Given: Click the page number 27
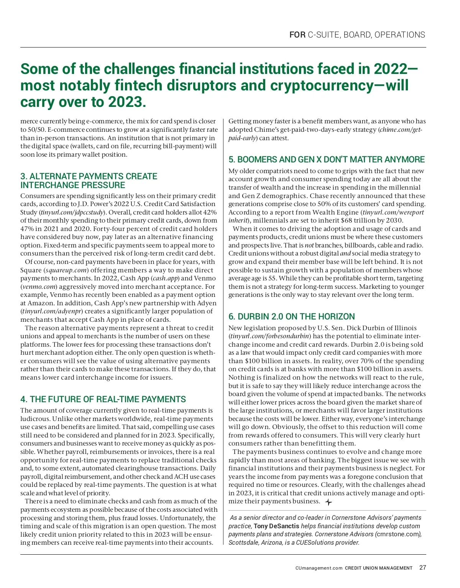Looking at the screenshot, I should tap(422, 568).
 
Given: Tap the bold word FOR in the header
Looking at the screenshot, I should tap(297, 35).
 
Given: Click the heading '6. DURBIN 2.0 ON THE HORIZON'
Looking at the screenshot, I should tap(292, 316).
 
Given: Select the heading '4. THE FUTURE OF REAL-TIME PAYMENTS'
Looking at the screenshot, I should tap(103, 399).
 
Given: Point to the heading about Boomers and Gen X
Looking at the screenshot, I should tap(327, 159).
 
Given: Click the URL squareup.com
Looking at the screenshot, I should tap(66, 270).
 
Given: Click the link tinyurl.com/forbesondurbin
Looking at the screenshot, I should tap(270, 336).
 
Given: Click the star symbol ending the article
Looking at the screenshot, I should tap(329, 502).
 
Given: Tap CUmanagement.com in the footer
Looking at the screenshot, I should tap(319, 568).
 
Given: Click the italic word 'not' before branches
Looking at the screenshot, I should tap(309, 245).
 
